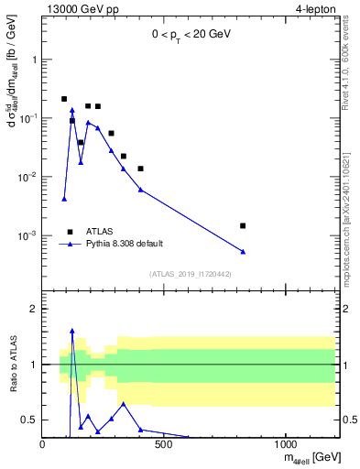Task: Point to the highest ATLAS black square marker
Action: coord(64,99)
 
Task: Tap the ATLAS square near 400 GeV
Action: coord(140,169)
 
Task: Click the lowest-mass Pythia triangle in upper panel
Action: coord(64,199)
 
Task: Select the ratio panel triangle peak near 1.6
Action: coord(72,331)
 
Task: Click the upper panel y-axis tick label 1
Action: coord(34,60)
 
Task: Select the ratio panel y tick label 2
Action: coord(34,309)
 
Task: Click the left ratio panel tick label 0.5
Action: coord(30,420)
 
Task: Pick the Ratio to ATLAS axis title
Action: coord(11,365)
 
